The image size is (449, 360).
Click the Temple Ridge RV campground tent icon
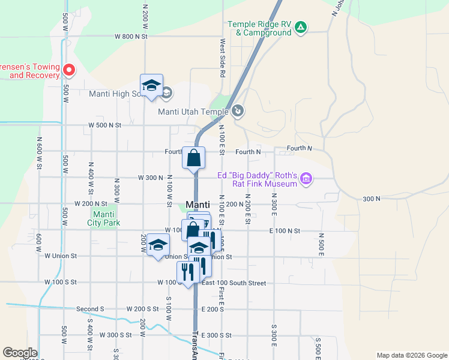[x=301, y=27]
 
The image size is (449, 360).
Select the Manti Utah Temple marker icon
[x=238, y=110]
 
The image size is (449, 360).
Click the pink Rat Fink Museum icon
[x=306, y=178]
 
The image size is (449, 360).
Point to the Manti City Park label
[x=103, y=218]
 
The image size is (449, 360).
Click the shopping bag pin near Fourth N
[x=194, y=159]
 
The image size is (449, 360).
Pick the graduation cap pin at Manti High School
[x=152, y=85]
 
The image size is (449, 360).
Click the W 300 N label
[x=151, y=178]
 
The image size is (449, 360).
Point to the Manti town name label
[x=197, y=204]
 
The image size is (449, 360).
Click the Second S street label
[x=90, y=310]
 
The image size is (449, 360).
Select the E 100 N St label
[x=285, y=230]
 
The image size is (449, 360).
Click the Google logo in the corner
[x=20, y=353]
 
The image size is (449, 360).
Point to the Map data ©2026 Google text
[x=411, y=355]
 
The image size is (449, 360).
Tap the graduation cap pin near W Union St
[x=158, y=245]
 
